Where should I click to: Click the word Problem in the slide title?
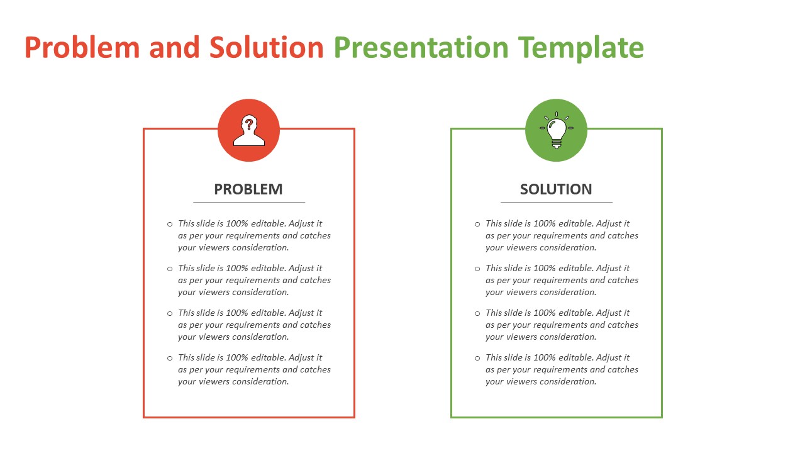[82, 48]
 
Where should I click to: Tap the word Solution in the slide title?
[267, 48]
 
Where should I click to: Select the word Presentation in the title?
[421, 48]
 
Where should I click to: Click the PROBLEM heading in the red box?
[248, 189]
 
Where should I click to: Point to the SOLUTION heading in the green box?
[556, 189]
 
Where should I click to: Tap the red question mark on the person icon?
[249, 123]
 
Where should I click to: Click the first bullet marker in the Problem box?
[170, 224]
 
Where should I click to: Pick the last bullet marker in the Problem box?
[170, 358]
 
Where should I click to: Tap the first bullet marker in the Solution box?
[477, 224]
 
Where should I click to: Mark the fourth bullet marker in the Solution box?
[477, 358]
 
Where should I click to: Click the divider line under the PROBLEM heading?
[248, 202]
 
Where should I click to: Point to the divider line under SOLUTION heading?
[556, 202]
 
